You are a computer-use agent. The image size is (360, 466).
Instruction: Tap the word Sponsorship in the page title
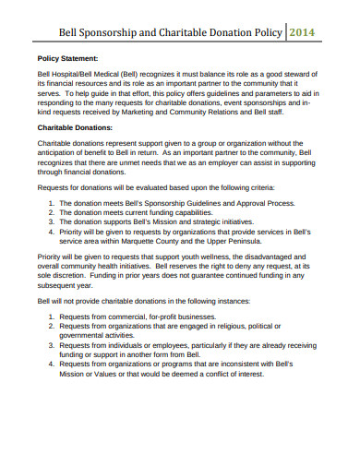[x=109, y=30]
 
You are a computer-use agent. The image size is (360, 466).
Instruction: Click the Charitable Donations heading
[x=76, y=126]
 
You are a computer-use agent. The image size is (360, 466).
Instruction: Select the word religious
[x=260, y=326]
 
